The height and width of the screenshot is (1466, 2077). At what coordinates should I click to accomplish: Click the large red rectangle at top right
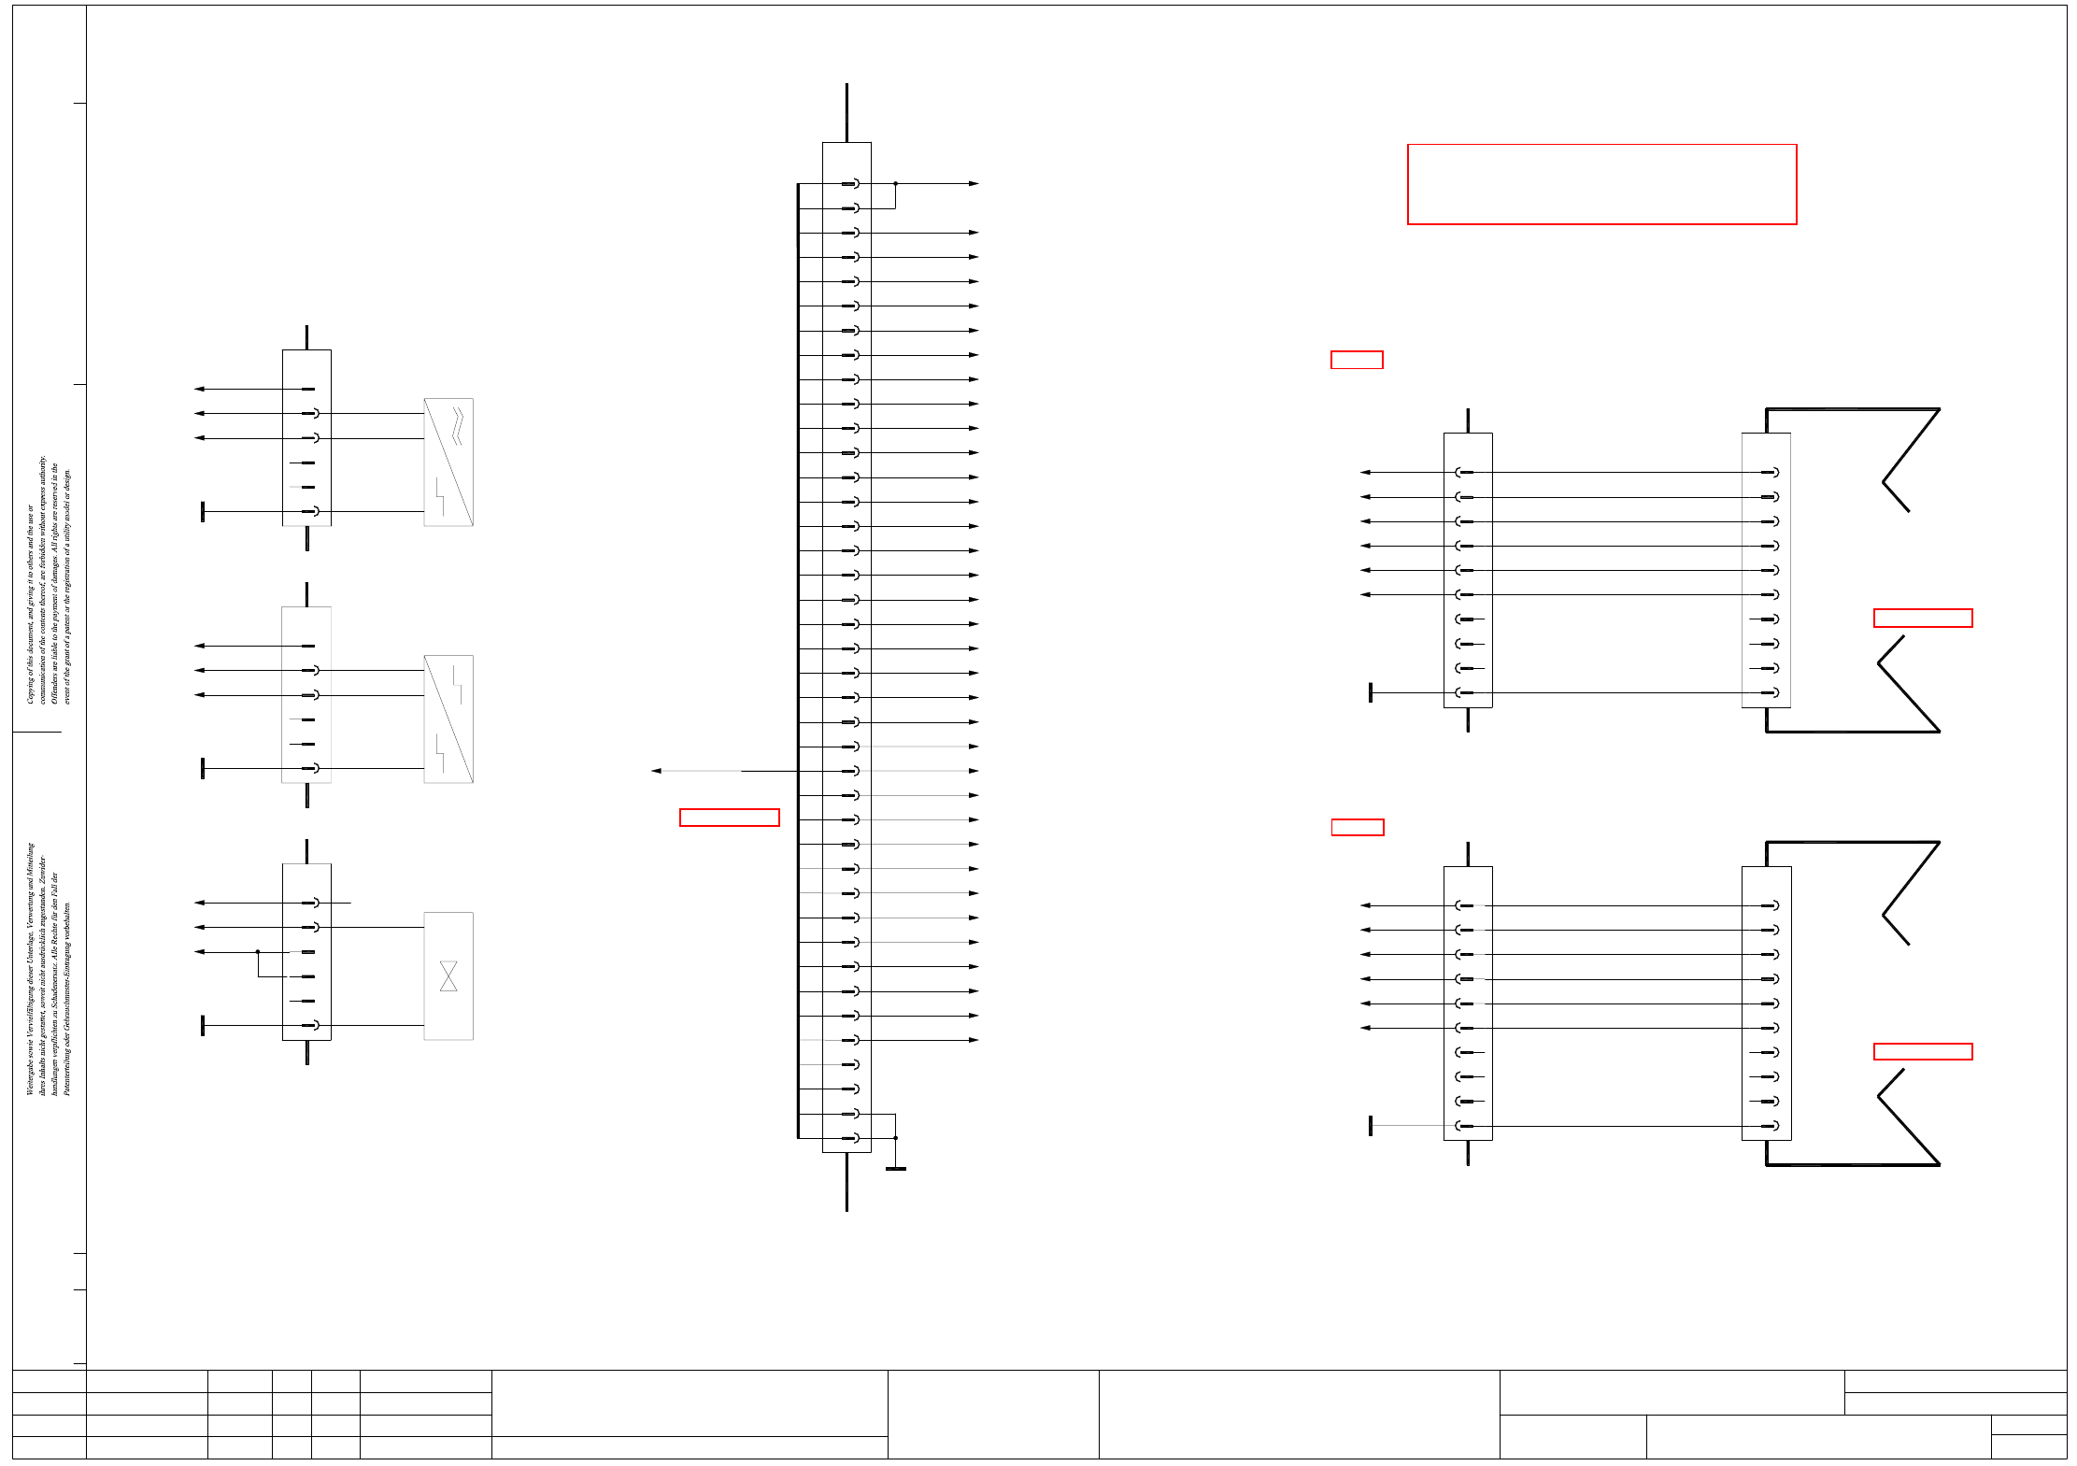point(1601,184)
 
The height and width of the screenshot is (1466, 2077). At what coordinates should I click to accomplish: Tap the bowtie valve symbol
point(448,976)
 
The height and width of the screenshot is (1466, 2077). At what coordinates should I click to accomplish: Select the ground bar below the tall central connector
point(895,1169)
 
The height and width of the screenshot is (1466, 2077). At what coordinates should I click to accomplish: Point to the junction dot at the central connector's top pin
point(895,183)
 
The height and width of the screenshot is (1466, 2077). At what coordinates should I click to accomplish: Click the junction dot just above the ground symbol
point(895,1138)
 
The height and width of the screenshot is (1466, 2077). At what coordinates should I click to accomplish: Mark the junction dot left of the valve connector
point(258,952)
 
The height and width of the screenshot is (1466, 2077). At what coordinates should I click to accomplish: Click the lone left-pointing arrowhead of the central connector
point(656,771)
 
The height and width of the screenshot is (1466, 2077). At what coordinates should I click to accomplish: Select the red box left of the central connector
point(729,818)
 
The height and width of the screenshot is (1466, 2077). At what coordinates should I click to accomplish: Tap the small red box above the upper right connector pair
point(1357,360)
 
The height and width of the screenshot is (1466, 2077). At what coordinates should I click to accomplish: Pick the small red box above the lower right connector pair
point(1358,827)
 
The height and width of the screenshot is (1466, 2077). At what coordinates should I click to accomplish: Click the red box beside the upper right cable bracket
point(1923,618)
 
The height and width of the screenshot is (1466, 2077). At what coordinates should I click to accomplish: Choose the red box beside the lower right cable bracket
point(1923,1051)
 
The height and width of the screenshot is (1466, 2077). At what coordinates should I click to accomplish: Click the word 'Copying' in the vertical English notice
point(30,687)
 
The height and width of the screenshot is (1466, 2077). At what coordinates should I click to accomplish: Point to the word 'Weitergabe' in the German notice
point(30,1075)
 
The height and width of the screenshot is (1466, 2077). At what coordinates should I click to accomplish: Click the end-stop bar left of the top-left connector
point(203,511)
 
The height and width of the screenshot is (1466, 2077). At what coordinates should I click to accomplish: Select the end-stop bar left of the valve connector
point(203,1025)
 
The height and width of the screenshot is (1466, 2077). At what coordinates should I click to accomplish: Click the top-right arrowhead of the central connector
point(974,183)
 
